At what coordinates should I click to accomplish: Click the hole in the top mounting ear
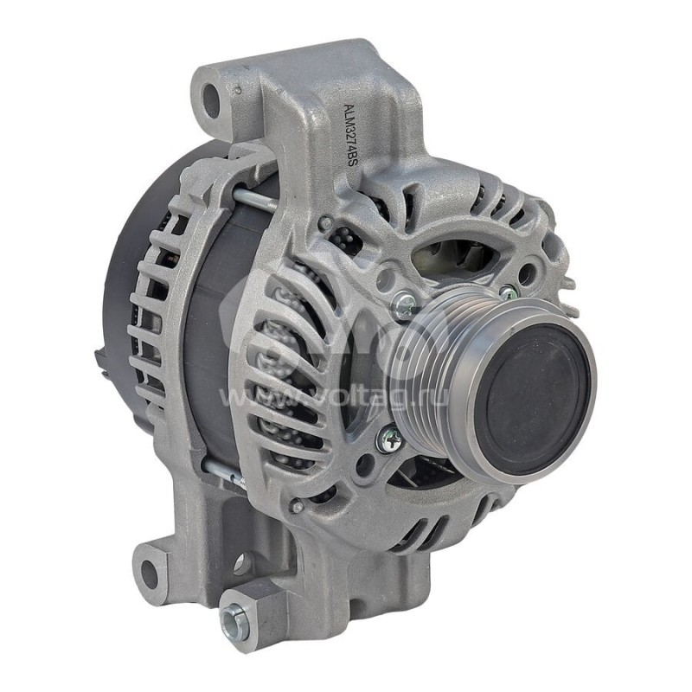pyautogui.click(x=212, y=101)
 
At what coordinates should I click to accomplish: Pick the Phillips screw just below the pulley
pyautogui.click(x=388, y=439)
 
